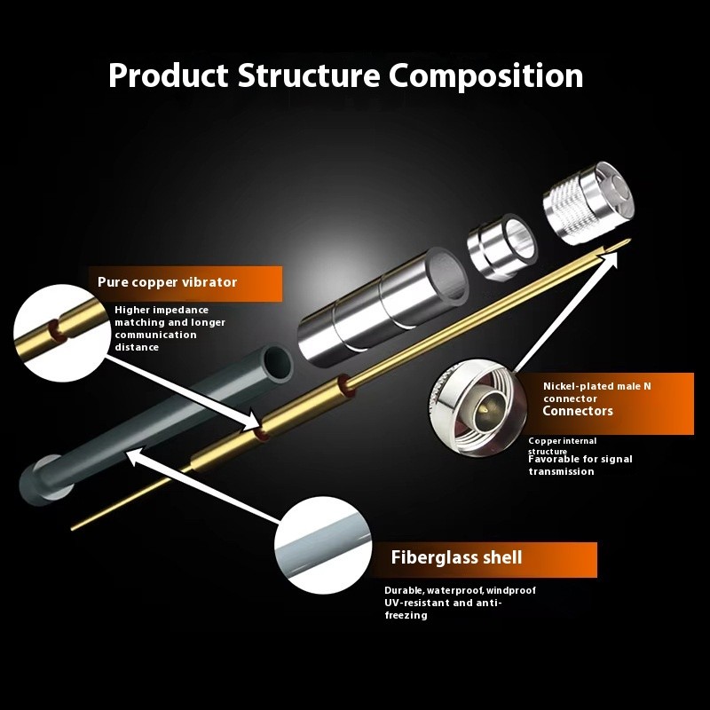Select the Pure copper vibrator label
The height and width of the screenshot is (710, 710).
(168, 282)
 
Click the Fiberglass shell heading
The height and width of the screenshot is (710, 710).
(456, 558)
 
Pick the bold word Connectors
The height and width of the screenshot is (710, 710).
(578, 411)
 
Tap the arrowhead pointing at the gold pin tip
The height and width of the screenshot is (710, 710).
(612, 256)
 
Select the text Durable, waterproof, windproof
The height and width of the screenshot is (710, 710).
(460, 590)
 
